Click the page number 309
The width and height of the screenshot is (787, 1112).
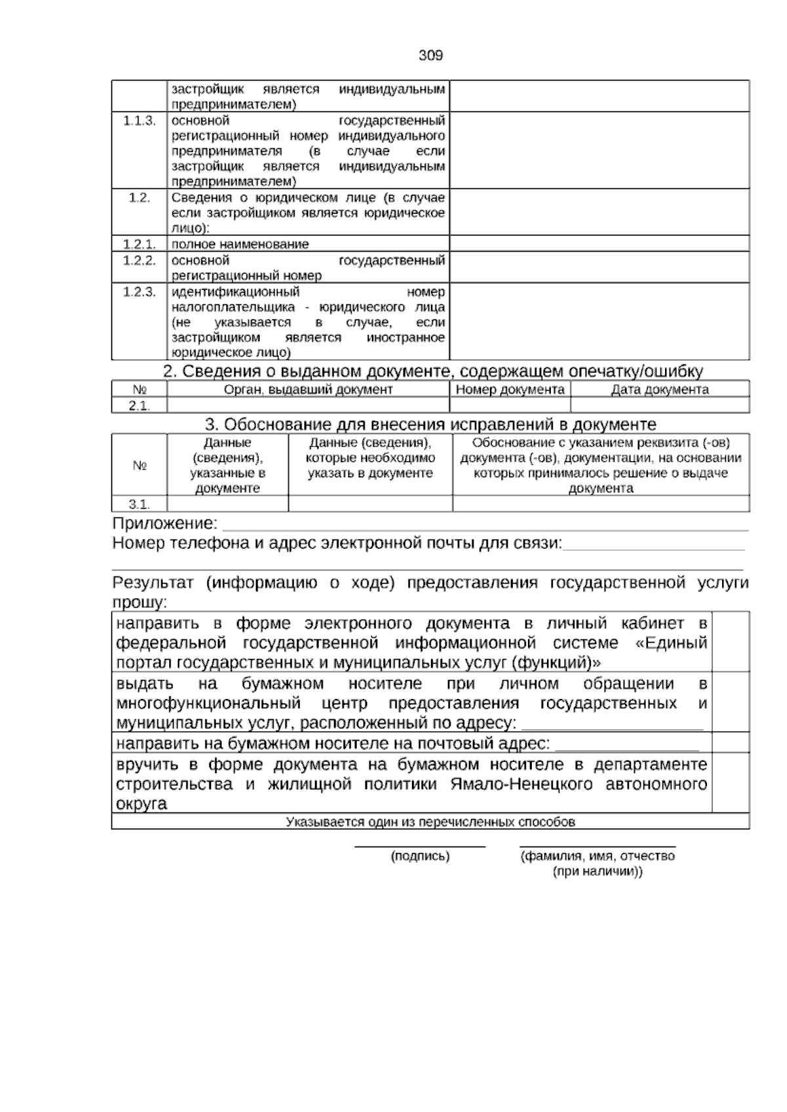(x=430, y=56)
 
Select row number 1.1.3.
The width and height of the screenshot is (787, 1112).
(x=139, y=121)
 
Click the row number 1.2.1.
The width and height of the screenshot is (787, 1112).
(x=139, y=244)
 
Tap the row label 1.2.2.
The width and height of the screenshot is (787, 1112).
(x=139, y=260)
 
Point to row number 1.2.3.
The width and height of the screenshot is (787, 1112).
(x=139, y=292)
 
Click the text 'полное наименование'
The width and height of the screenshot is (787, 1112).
(x=240, y=244)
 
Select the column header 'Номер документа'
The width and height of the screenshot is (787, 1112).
(x=510, y=389)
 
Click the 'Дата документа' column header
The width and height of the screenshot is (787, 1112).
(x=660, y=389)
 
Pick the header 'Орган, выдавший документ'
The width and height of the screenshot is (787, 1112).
(x=308, y=389)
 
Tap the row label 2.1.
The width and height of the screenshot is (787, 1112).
(x=139, y=405)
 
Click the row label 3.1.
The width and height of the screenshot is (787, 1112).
(x=139, y=504)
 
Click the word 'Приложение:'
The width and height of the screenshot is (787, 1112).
(x=165, y=523)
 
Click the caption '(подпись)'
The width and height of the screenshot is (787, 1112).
(x=420, y=856)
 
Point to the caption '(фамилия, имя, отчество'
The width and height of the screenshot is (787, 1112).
(x=597, y=856)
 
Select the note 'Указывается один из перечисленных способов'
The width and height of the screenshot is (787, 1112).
(x=430, y=822)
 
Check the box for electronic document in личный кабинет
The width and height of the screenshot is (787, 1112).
(x=730, y=641)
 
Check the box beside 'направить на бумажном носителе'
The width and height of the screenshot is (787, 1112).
(x=730, y=742)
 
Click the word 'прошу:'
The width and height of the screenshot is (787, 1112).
(x=140, y=602)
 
